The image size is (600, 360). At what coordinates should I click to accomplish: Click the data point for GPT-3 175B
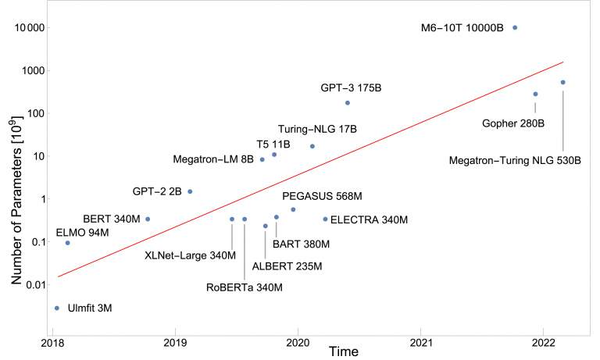[x=348, y=103]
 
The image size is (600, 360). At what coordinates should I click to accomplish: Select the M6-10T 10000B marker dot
[x=515, y=27]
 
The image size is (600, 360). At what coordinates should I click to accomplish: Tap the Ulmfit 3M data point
[x=57, y=308]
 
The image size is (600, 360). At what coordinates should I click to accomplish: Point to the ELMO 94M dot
[x=68, y=243]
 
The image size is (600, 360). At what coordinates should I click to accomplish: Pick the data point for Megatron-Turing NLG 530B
[x=562, y=82]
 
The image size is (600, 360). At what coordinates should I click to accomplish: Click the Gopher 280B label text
[x=513, y=123]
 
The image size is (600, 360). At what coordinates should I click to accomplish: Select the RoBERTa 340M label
[x=245, y=287]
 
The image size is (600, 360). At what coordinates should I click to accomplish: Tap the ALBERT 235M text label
[x=287, y=266]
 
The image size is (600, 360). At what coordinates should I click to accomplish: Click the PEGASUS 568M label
[x=322, y=196]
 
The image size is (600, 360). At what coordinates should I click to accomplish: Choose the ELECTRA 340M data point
[x=325, y=219]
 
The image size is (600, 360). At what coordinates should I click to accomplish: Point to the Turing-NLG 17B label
[x=317, y=130]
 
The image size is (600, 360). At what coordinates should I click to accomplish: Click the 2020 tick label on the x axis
[x=298, y=343]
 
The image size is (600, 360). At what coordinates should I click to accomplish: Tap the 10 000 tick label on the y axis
[x=30, y=28]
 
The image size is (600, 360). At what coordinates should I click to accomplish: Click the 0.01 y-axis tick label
[x=35, y=284]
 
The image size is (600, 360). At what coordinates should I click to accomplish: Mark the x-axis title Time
[x=344, y=351]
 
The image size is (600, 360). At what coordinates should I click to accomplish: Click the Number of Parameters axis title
[x=16, y=200]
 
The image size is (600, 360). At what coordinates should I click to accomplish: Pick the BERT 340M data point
[x=148, y=219]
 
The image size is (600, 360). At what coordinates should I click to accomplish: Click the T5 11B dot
[x=274, y=155]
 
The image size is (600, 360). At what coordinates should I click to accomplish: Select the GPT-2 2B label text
[x=157, y=191]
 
